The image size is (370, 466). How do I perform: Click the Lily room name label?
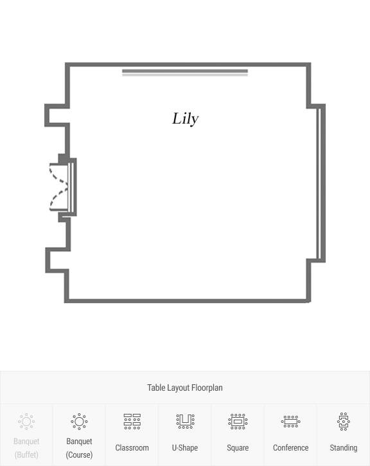coord(186,119)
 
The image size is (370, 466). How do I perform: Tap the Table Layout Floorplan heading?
coord(185,387)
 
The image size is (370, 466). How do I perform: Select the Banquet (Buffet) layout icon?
coord(26,422)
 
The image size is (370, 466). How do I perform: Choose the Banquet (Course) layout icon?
coord(79,422)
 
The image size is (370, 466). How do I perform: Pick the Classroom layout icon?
coord(132,422)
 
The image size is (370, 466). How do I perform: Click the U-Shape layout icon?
coord(185,422)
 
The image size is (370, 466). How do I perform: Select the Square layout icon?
coord(238,422)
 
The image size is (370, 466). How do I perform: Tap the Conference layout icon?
coord(291,422)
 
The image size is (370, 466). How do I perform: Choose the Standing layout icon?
coord(344,422)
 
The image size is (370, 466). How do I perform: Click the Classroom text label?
coord(132,447)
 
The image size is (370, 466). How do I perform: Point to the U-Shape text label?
coord(185,447)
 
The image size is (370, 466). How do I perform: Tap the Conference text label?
coord(291,447)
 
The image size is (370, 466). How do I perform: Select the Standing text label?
coord(344,448)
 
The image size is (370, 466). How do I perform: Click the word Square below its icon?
coord(238,448)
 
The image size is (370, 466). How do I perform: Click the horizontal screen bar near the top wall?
coord(185,73)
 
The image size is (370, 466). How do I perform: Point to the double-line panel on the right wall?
coord(319,183)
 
